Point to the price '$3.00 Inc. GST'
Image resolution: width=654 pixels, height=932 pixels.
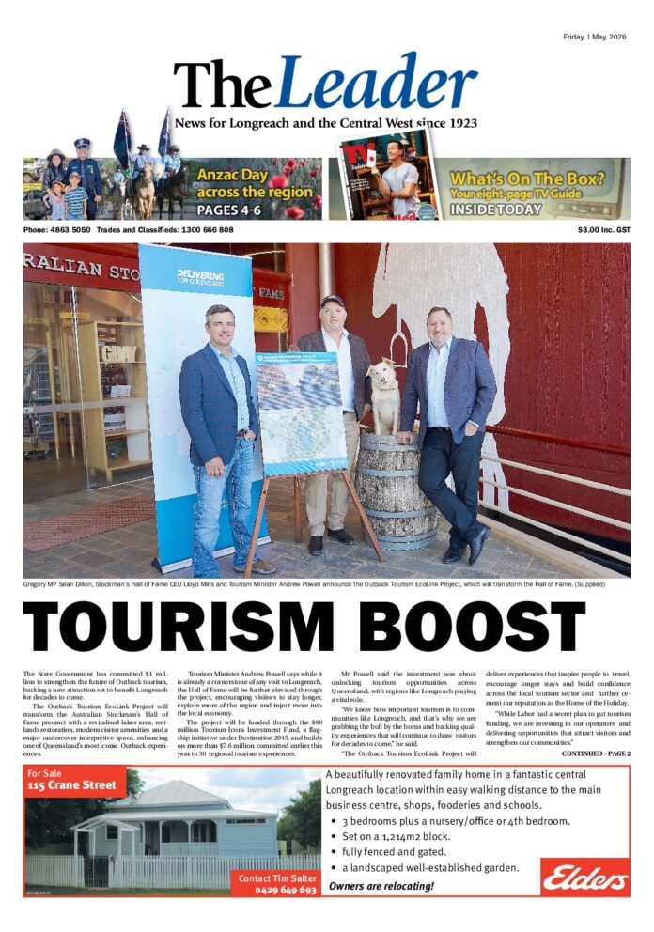pos(603,230)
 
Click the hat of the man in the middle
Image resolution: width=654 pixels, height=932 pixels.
pos(333,302)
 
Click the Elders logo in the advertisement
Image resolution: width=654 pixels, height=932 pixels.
pos(585,878)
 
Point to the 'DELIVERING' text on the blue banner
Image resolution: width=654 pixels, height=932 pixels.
pos(199,274)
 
